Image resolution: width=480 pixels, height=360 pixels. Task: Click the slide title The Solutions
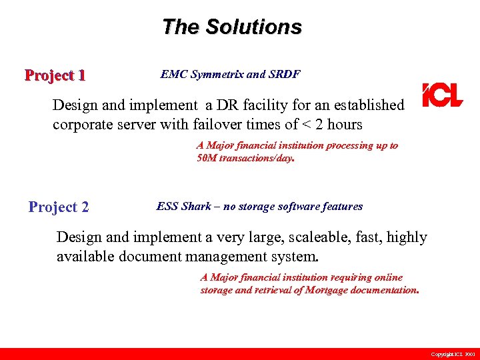pos(232,27)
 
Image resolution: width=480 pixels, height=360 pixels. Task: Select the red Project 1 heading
pos(55,75)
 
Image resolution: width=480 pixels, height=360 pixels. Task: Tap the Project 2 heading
pos(59,207)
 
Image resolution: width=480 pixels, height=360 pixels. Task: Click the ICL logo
pos(442,95)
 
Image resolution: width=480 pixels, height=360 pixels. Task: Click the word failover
pos(257,125)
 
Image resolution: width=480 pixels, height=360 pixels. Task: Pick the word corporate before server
pos(83,125)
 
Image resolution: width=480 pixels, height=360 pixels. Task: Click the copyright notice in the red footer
pos(453,354)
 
